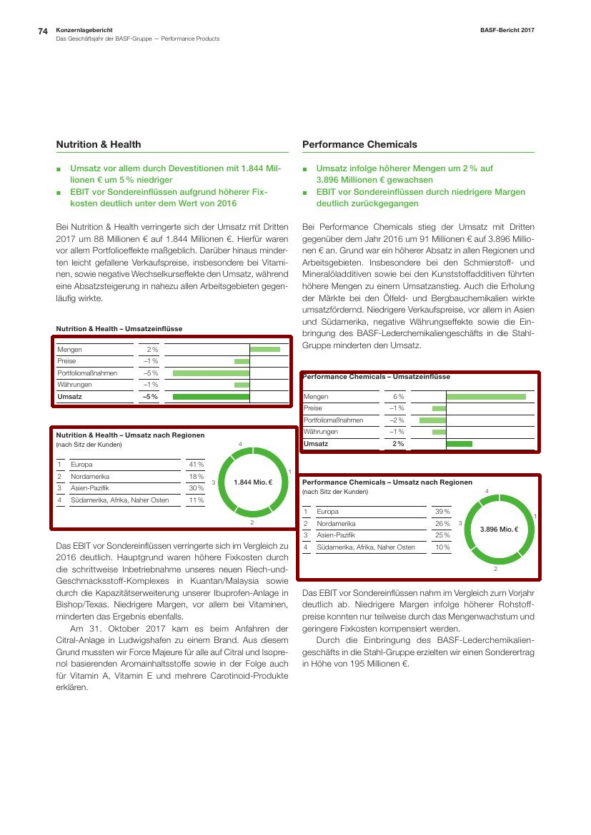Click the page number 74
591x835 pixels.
42,31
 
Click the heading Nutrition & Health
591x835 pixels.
99,144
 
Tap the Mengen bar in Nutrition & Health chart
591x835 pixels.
265,349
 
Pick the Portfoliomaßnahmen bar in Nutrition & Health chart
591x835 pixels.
211,373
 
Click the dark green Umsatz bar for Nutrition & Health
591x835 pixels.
211,397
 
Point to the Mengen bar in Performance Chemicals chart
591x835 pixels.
486,396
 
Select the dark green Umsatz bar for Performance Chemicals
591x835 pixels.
460,444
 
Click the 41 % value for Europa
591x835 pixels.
196,465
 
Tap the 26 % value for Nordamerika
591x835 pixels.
442,524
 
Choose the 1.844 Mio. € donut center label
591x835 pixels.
252,482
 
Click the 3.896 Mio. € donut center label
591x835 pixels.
499,530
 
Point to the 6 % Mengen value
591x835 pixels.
398,396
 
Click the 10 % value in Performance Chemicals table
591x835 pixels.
442,547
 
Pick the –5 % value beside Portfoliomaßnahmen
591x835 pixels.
150,373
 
